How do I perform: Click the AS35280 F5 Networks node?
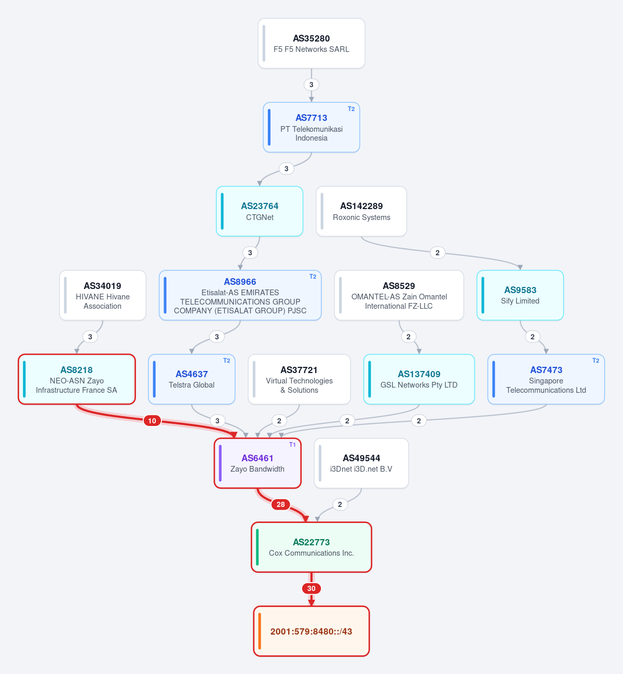click(311, 44)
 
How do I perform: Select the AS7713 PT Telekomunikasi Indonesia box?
click(311, 127)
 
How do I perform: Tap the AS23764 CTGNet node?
click(260, 211)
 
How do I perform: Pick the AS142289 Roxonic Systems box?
click(361, 211)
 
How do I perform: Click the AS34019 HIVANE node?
click(103, 295)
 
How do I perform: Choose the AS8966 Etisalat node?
click(240, 295)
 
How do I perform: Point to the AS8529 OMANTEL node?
click(399, 295)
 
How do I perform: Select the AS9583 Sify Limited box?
click(520, 295)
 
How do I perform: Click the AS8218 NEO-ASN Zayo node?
click(77, 379)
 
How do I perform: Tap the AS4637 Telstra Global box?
click(192, 379)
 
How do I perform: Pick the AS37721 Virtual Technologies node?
click(299, 379)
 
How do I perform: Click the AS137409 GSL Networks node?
click(419, 379)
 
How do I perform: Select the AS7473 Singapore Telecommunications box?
click(546, 379)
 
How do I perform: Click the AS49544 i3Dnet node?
click(361, 463)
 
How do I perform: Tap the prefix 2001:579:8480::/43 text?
click(311, 631)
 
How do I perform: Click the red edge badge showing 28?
click(280, 504)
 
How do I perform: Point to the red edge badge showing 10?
click(152, 421)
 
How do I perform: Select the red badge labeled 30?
click(311, 588)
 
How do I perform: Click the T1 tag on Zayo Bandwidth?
click(292, 445)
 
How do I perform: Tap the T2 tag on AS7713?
click(351, 109)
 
